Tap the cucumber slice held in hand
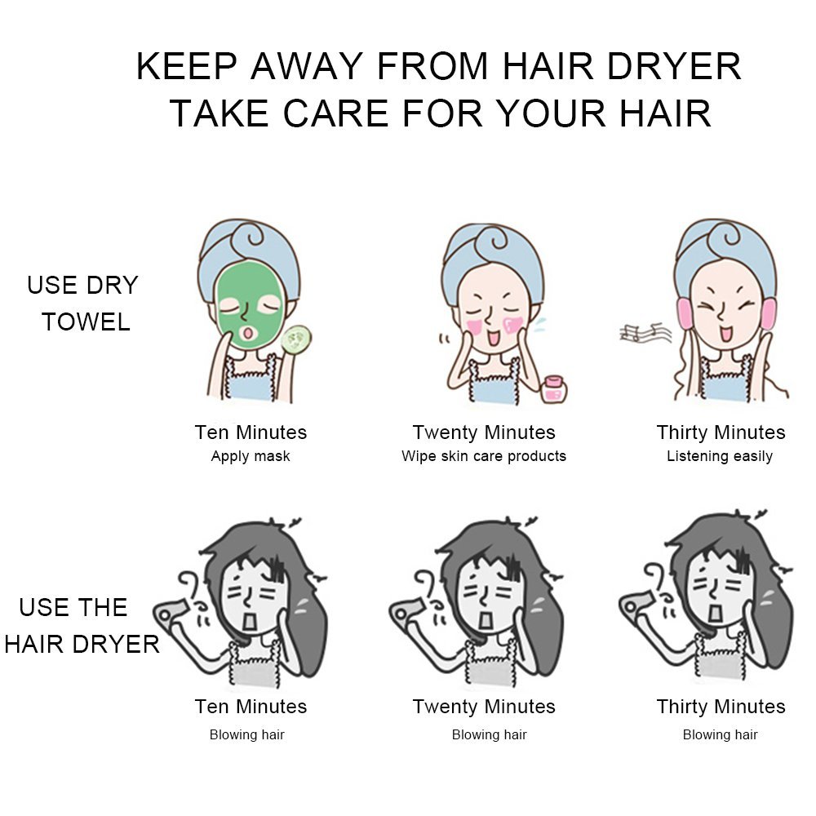(x=295, y=339)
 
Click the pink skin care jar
(x=554, y=388)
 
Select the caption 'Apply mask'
(x=251, y=456)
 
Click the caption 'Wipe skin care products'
(x=484, y=456)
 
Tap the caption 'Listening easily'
(x=720, y=456)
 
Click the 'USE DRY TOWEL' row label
(x=83, y=304)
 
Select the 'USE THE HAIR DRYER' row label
(x=82, y=626)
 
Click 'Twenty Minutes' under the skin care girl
(x=484, y=432)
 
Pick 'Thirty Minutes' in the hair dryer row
(x=721, y=707)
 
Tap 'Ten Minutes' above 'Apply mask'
(x=251, y=432)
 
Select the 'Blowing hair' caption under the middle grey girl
(x=490, y=735)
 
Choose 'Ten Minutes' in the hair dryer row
(x=251, y=707)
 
